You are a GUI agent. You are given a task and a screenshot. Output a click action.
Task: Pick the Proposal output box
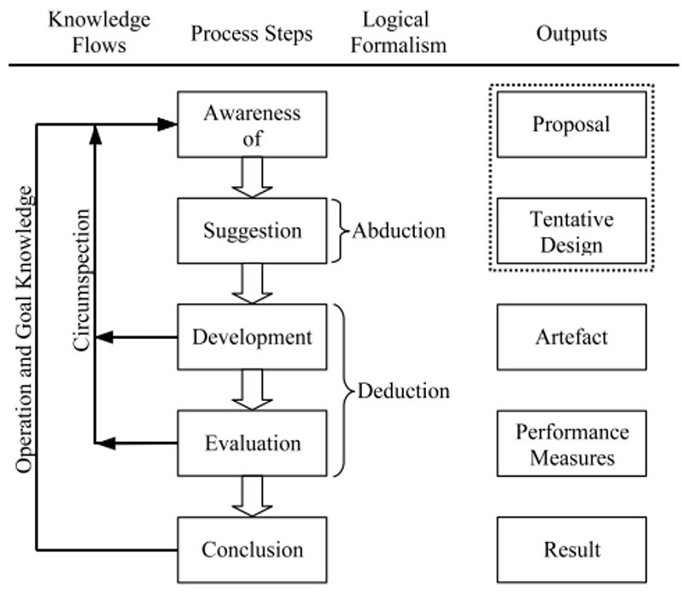(571, 125)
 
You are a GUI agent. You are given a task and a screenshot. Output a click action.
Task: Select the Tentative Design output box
(571, 230)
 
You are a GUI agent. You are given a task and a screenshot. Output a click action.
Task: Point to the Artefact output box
(571, 336)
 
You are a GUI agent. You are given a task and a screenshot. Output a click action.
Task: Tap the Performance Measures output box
(571, 443)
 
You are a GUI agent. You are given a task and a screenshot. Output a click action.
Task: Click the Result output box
(571, 549)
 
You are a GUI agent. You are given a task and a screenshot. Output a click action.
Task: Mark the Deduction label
(403, 391)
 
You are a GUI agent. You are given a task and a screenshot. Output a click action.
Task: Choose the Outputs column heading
(571, 33)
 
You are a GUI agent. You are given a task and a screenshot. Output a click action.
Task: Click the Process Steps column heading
(252, 34)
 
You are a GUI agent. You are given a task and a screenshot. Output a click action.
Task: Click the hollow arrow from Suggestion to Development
(252, 282)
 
